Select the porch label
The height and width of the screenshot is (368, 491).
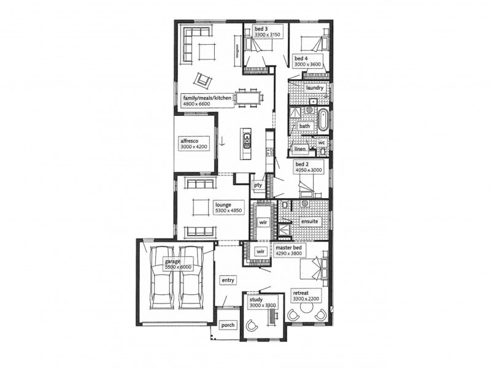pyautogui.click(x=228, y=325)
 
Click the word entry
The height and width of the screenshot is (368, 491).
pyautogui.click(x=228, y=280)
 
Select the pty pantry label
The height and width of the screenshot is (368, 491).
pyautogui.click(x=258, y=185)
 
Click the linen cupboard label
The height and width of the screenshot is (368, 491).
pyautogui.click(x=300, y=149)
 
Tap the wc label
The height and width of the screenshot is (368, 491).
pyautogui.click(x=321, y=143)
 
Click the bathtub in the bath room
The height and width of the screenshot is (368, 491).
pyautogui.click(x=323, y=120)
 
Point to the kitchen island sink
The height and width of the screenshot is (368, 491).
pyautogui.click(x=247, y=142)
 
